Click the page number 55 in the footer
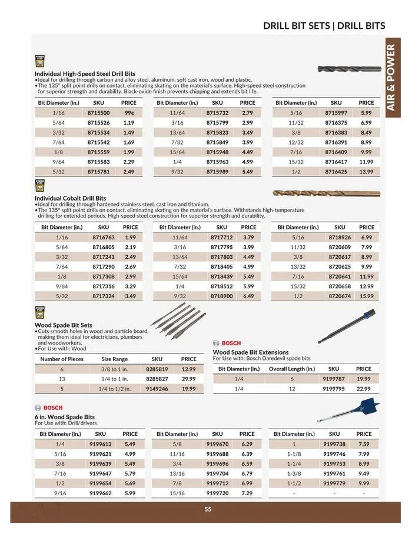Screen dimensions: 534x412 tap(208, 509)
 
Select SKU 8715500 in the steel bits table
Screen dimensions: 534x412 tap(99, 112)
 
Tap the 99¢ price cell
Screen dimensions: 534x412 tap(129, 112)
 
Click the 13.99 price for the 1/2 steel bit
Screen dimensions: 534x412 tap(366, 172)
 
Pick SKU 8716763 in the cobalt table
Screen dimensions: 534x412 tap(104, 237)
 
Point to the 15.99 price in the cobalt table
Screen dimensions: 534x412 tap(367, 296)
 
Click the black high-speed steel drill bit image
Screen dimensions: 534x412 tap(349, 69)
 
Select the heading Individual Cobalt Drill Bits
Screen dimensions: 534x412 tap(70, 198)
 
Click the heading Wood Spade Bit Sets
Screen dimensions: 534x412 tap(63, 325)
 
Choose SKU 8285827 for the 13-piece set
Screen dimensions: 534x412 tap(157, 379)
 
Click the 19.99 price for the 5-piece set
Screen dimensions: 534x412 tap(188, 389)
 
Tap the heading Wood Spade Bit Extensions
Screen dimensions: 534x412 tap(251, 352)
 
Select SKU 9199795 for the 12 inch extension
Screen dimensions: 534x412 tap(334, 389)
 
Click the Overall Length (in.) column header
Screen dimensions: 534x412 tap(292, 369)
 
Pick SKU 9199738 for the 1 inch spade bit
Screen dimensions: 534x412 tap(334, 444)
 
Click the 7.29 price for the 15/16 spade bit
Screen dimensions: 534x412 tap(247, 493)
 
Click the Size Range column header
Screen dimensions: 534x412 tap(114, 359)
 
